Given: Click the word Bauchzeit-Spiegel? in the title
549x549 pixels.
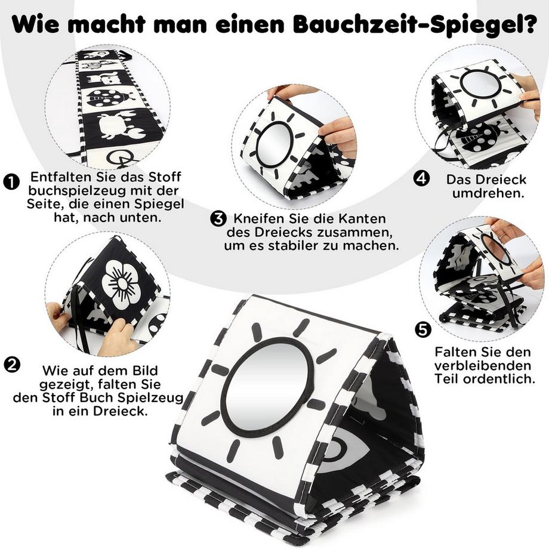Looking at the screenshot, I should click(422, 26).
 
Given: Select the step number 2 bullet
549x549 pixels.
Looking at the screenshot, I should click(10, 363).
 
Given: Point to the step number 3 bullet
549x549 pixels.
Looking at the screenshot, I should click(217, 219).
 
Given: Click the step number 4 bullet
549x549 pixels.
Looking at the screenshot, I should click(421, 178).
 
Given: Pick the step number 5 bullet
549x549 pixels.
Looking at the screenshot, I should click(422, 329).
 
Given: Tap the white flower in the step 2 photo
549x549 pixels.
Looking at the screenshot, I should click(121, 283).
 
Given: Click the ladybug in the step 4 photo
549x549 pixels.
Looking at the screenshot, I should click(481, 137).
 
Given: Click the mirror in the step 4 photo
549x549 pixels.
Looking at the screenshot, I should click(480, 84).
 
